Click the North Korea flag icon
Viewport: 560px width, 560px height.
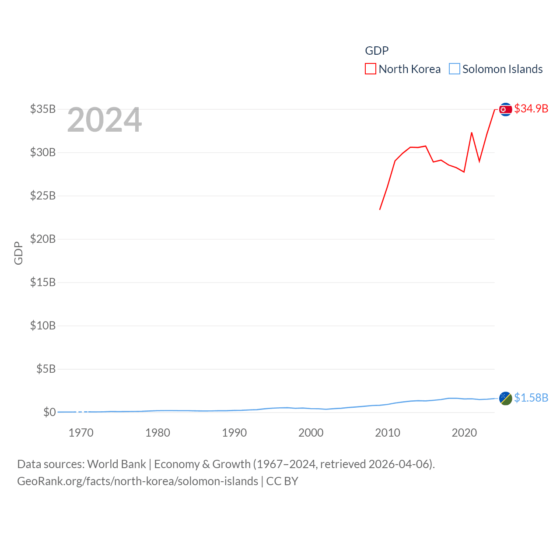[x=505, y=109]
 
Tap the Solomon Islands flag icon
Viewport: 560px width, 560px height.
[x=505, y=398]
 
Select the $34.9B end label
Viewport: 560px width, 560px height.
[x=531, y=108]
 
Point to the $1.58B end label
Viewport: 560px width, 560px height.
[x=531, y=398]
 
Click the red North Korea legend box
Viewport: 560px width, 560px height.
[x=371, y=69]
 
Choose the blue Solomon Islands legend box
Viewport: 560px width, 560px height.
[x=455, y=69]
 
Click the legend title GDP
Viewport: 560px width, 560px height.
[x=377, y=51]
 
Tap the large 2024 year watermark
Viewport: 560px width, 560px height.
[x=105, y=120]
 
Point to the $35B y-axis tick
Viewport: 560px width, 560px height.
[x=43, y=109]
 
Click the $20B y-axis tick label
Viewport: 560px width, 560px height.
[x=43, y=239]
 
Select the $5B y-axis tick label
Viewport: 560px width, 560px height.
[x=46, y=369]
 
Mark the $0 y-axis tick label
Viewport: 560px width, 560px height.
[x=49, y=412]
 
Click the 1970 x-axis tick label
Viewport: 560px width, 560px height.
[x=81, y=433]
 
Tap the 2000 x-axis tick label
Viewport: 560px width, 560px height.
[x=311, y=433]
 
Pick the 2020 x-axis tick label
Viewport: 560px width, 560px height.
[x=464, y=433]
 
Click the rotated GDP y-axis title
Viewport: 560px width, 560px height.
[x=18, y=253]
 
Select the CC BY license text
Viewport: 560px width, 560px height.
[x=282, y=481]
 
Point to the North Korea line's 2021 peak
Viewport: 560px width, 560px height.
[x=472, y=133]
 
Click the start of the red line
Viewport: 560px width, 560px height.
[x=380, y=210]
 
